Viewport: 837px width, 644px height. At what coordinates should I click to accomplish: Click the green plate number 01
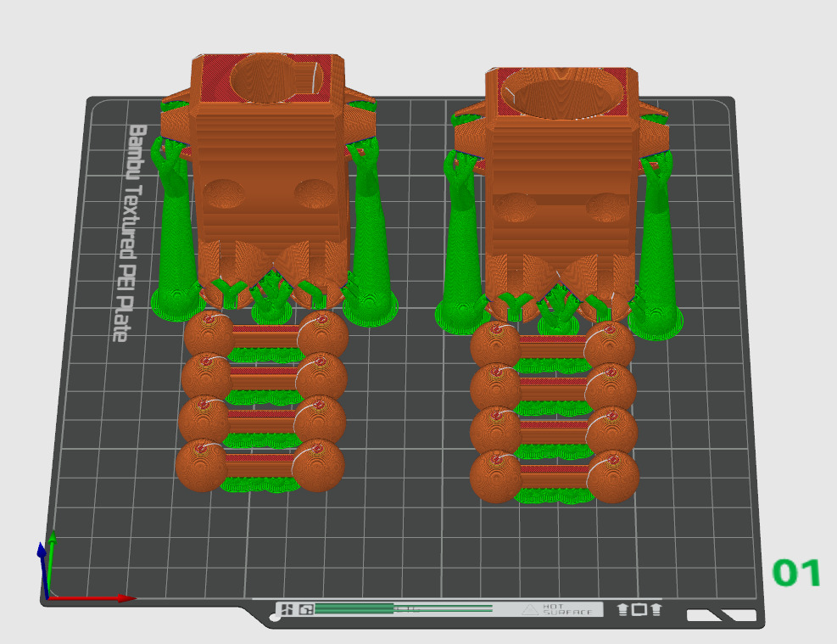796,574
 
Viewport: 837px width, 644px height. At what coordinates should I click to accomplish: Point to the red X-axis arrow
93,598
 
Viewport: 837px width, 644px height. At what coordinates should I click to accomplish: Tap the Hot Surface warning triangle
530,609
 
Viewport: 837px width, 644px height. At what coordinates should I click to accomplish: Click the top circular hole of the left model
266,78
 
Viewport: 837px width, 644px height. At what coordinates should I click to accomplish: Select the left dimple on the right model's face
515,207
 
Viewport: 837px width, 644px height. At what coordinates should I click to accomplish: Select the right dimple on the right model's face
606,207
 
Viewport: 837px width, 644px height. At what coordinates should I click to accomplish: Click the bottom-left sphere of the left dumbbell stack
201,466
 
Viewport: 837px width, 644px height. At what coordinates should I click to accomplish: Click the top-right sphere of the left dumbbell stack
322,336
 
